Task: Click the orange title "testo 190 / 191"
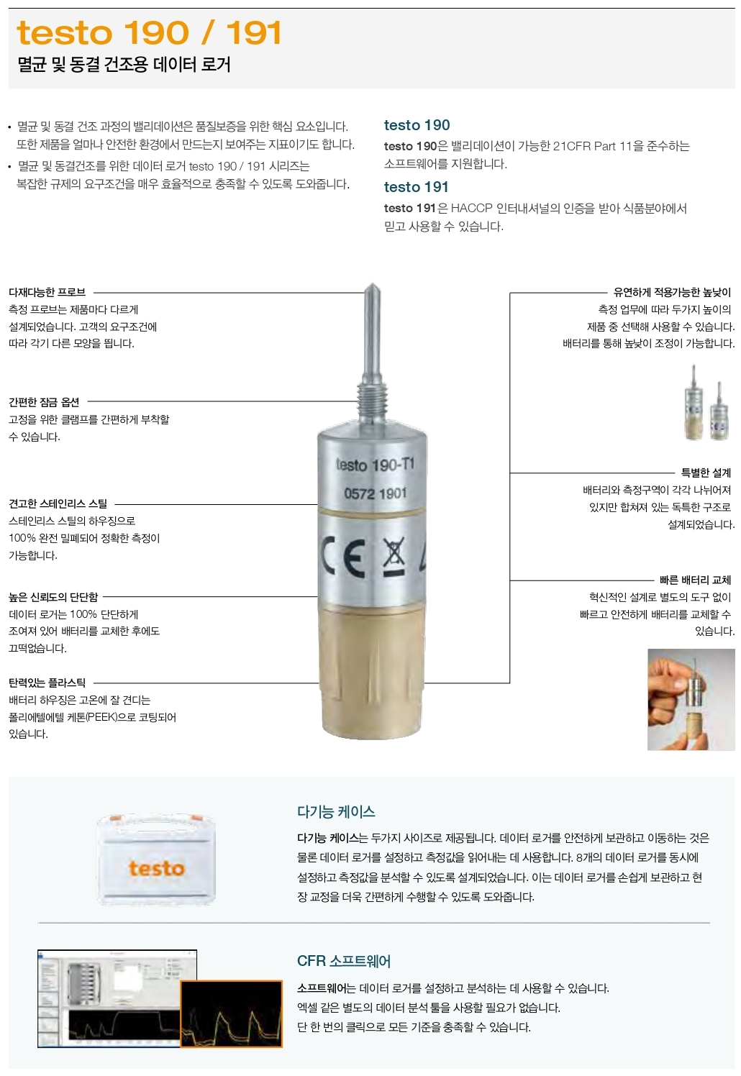tap(149, 33)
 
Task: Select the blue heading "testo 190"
tap(417, 125)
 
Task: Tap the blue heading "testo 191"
tap(416, 186)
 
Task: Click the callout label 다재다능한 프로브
tap(47, 292)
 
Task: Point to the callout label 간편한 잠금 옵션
tap(44, 401)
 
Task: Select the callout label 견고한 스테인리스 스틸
tap(58, 503)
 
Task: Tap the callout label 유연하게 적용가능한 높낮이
tap(672, 292)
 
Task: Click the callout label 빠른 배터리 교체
tap(696, 580)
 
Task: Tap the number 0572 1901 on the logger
tap(376, 493)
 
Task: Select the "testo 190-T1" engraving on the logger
tap(375, 465)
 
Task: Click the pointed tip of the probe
tap(373, 284)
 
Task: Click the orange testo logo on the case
tap(157, 868)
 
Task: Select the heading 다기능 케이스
tap(336, 811)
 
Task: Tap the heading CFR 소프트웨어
tap(344, 961)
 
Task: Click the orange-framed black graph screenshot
tap(232, 1013)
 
